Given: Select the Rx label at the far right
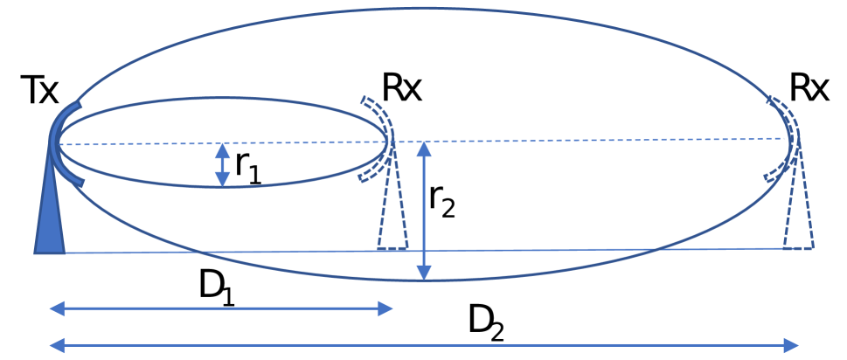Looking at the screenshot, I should pyautogui.click(x=809, y=88).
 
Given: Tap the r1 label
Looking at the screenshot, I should pyautogui.click(x=248, y=165).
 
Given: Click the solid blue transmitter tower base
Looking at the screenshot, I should pyautogui.click(x=49, y=223).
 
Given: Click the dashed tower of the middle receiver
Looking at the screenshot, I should pyautogui.click(x=393, y=218).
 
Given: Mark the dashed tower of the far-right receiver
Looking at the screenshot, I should pyautogui.click(x=797, y=218).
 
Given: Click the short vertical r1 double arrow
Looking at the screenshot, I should pyautogui.click(x=222, y=164).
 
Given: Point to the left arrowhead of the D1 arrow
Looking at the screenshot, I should pyautogui.click(x=55, y=308).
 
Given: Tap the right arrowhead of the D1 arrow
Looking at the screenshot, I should pyautogui.click(x=385, y=308).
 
